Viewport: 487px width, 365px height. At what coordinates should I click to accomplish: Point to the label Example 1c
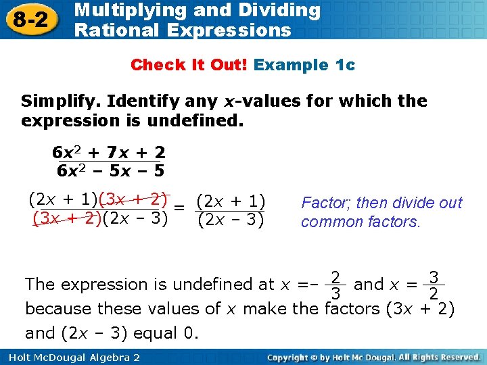304,65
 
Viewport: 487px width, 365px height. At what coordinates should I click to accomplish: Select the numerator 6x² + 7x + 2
109,152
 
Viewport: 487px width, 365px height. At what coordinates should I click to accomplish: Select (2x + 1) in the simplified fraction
230,201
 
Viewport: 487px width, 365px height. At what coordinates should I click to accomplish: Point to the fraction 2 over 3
334,285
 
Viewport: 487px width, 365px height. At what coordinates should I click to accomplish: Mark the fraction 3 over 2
435,285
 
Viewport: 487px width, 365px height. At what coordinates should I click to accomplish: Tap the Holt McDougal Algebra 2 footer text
71,356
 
